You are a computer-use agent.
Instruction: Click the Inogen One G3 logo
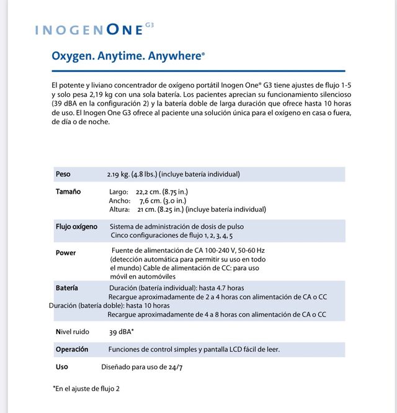click(x=94, y=29)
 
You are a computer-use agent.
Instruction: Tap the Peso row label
click(x=63, y=174)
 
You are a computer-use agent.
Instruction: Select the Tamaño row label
click(x=68, y=192)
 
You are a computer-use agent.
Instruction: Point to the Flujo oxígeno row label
click(x=76, y=227)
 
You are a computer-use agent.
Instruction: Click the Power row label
click(x=66, y=253)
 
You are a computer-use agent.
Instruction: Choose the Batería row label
click(x=67, y=288)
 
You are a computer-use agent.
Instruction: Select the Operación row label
click(x=72, y=349)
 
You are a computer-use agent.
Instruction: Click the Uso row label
click(x=62, y=367)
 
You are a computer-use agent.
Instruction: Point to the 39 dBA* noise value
click(x=122, y=332)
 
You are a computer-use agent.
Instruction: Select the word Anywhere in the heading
click(x=176, y=56)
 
